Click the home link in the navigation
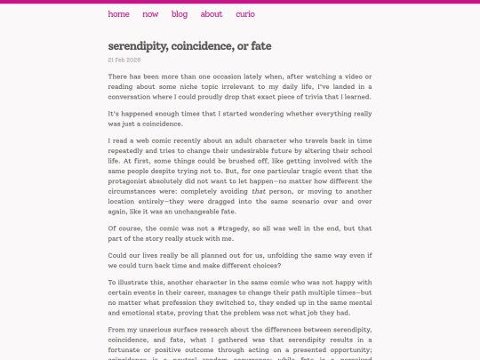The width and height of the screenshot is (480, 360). coord(119,14)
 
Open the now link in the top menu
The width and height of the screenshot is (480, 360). coord(150,14)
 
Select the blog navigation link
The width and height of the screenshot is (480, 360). coord(180,14)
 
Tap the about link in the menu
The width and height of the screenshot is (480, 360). coord(212,14)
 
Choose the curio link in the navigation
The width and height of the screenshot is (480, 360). coord(245,14)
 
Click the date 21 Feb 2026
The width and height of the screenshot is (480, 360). coord(124,60)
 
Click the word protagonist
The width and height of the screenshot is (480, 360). coord(133,180)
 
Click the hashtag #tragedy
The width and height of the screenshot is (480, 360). coord(245,228)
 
